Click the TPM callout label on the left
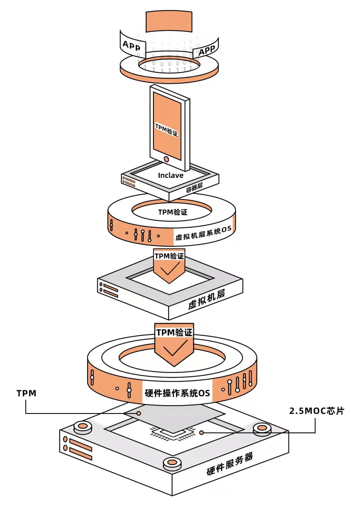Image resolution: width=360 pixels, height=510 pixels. point(26,393)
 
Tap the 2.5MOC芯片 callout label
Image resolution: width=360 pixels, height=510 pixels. point(316,411)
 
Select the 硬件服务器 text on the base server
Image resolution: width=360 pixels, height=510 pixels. point(230,464)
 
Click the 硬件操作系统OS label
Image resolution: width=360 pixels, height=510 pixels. point(177,393)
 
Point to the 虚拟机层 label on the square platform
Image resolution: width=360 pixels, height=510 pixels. point(207,299)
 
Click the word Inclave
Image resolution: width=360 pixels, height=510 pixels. point(170,176)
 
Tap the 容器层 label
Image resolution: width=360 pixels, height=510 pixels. point(194,188)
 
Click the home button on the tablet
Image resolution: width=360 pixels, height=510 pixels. point(166,159)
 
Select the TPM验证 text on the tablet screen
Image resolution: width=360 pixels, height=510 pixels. point(166,130)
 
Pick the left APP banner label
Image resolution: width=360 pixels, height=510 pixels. point(131,45)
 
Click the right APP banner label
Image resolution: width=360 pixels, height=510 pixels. point(207,51)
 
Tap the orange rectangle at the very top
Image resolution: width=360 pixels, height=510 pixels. point(169,22)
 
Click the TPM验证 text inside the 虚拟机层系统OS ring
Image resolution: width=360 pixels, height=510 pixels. point(173,212)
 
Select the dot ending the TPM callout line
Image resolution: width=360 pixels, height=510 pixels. point(139,413)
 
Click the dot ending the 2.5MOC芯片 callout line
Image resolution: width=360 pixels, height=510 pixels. point(201,432)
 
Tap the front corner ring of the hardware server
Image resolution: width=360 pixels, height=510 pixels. point(172,463)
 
